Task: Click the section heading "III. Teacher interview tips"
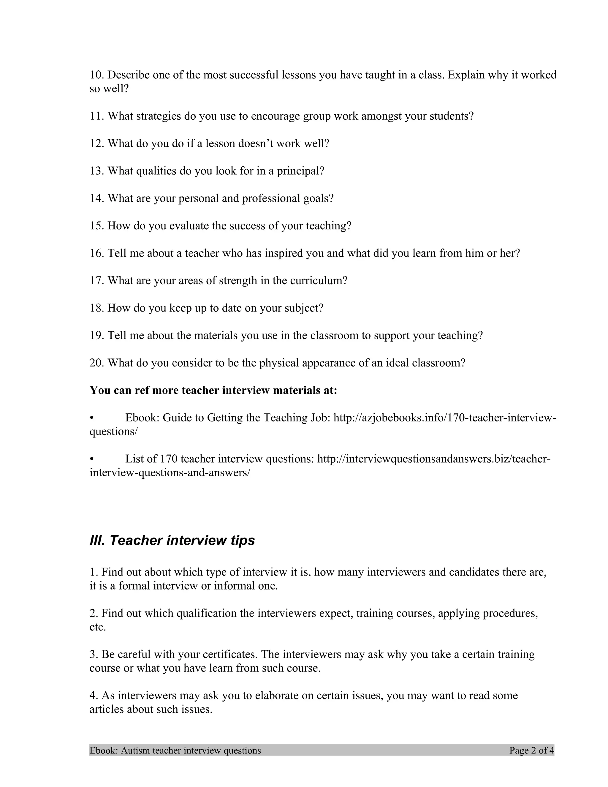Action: pyautogui.click(x=172, y=541)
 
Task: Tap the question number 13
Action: pyautogui.click(x=96, y=171)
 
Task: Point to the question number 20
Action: pyautogui.click(x=96, y=363)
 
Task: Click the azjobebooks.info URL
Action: pyautogui.click(x=444, y=418)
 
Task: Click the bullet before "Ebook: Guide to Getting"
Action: pyautogui.click(x=92, y=418)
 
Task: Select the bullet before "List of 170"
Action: pyautogui.click(x=92, y=459)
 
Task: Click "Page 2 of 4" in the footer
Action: pyautogui.click(x=531, y=750)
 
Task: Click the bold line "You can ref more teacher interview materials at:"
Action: pyautogui.click(x=213, y=390)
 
